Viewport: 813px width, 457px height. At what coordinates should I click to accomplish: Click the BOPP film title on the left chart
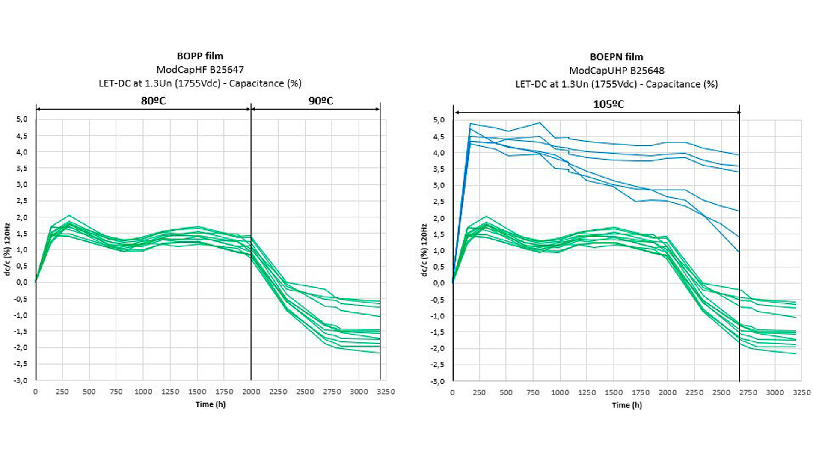pos(200,56)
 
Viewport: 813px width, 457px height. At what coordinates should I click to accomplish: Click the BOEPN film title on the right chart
pos(616,57)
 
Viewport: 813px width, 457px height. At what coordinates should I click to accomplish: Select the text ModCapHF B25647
pos(200,70)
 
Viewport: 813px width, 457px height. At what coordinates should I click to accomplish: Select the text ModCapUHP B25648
pos(616,71)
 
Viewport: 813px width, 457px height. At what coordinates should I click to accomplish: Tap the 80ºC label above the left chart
pos(153,101)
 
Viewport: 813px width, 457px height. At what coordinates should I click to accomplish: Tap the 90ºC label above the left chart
pos(320,101)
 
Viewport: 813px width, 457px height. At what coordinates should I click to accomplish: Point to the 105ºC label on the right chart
pos(608,104)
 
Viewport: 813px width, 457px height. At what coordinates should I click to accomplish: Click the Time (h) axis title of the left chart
pos(210,404)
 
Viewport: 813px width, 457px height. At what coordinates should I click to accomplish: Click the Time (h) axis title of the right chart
pos(626,405)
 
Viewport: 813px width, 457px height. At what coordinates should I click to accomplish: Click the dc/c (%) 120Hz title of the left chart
pos(7,249)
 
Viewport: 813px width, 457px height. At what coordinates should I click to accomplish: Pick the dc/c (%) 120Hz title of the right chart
pos(424,250)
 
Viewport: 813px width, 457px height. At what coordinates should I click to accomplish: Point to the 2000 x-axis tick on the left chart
pos(251,392)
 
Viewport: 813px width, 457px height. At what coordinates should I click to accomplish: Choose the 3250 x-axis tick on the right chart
pos(801,392)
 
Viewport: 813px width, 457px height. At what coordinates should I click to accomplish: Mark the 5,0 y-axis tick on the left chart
pos(22,119)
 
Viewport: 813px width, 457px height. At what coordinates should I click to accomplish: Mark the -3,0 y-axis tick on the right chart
pos(438,381)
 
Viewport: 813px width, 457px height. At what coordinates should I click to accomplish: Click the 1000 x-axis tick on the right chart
pos(560,392)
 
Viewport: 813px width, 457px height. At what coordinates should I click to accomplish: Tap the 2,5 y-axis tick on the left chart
pos(22,201)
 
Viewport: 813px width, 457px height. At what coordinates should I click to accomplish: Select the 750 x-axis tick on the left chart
pos(116,392)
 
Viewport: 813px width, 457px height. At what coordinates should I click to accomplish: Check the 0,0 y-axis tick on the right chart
pos(439,283)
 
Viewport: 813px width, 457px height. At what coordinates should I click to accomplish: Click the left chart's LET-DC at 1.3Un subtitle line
pos(200,83)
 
